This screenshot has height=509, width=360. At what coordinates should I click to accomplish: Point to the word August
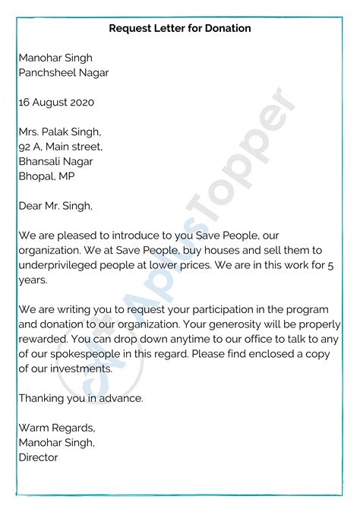point(49,102)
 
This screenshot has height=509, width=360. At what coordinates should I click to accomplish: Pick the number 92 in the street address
point(25,146)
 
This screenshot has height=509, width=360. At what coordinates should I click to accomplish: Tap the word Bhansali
point(43,160)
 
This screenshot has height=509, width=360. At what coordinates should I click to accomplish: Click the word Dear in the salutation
point(30,204)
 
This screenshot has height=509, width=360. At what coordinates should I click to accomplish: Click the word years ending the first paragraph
point(33,279)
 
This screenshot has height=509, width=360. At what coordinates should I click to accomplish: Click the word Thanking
point(43,397)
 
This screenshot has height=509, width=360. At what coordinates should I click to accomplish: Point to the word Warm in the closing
point(34,428)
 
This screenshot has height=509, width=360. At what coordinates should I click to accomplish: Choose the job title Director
point(38,457)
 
